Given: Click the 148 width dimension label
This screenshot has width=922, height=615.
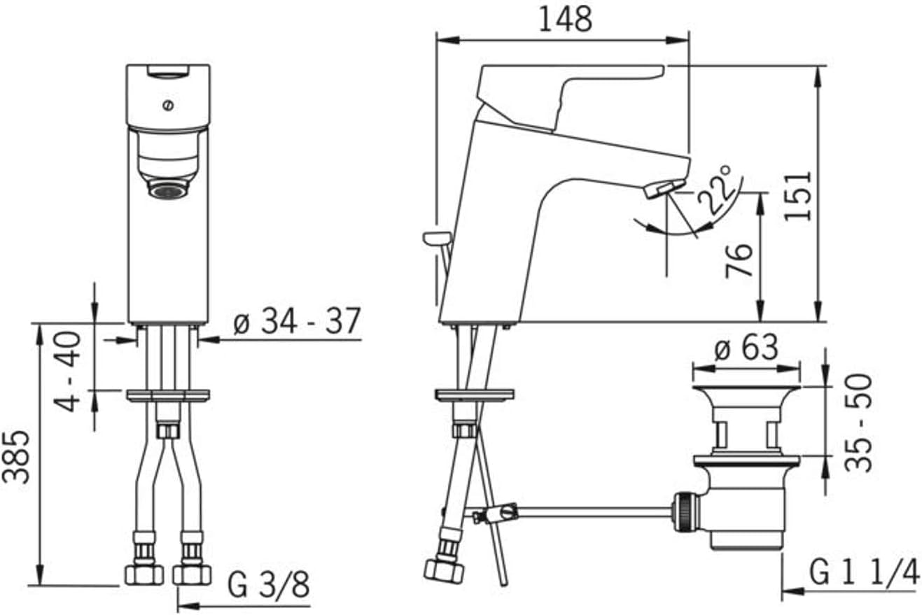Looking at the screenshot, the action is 566,20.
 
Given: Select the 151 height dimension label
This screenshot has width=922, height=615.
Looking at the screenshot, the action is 797,196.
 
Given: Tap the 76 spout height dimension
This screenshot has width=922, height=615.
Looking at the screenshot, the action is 739,261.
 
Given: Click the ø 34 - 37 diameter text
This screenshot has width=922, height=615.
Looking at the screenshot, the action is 297,321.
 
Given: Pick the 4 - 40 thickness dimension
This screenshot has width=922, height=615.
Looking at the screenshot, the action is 67,372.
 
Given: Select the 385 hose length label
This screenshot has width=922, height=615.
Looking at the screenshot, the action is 16,457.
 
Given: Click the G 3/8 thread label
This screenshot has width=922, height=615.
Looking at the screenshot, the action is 268,584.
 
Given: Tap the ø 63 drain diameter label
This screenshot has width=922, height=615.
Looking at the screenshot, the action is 746,347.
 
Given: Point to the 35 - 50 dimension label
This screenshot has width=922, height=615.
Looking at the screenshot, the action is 858,423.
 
